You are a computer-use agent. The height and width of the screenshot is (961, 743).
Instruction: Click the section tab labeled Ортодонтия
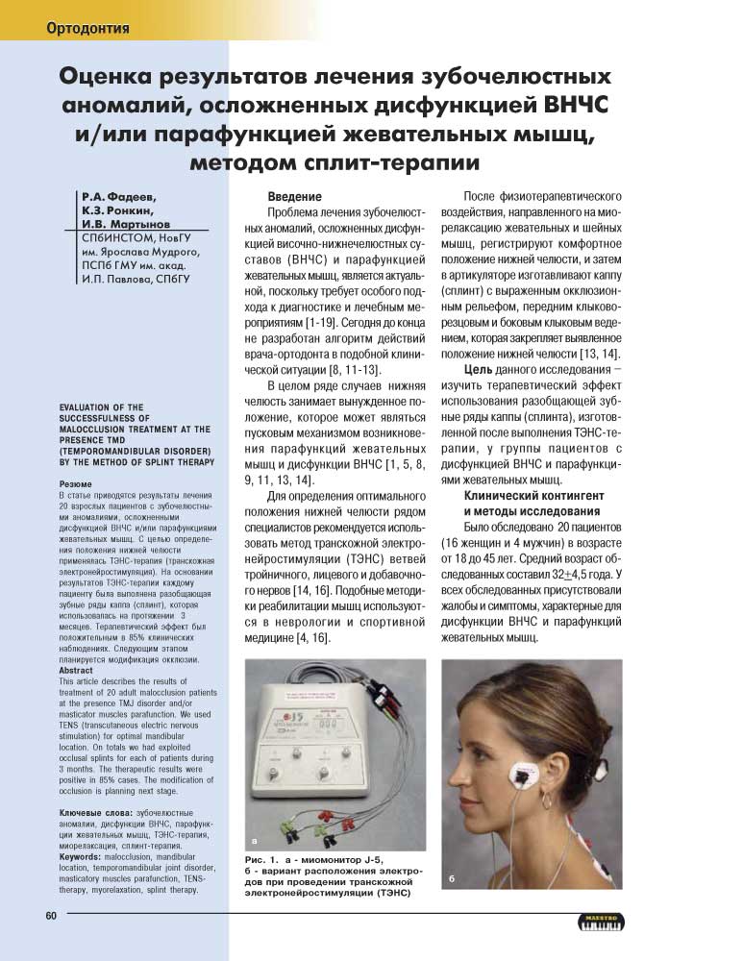click(x=87, y=28)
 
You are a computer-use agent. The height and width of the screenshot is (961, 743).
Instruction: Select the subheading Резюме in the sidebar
click(x=76, y=484)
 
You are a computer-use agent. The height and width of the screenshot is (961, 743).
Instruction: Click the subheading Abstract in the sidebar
click(x=78, y=671)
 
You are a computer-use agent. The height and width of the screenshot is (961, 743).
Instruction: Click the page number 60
click(x=51, y=915)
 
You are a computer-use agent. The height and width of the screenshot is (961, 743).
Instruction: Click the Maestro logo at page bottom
click(x=603, y=921)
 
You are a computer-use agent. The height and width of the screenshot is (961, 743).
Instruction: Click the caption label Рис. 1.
click(x=262, y=858)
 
